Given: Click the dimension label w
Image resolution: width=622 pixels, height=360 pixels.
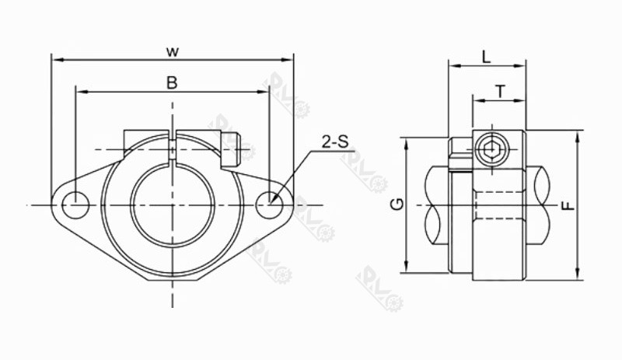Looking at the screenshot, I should (x=173, y=51).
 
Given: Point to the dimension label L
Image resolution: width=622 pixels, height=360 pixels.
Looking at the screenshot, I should (x=486, y=56).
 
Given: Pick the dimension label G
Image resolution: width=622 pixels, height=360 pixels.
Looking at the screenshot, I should (x=397, y=204).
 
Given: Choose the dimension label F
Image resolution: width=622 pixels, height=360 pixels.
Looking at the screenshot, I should (x=568, y=205).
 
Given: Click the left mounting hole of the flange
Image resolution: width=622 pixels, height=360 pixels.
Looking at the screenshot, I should (x=75, y=204).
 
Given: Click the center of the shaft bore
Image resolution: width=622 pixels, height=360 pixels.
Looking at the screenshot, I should (x=171, y=204).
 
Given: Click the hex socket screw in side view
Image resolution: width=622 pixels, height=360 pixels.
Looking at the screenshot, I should (x=488, y=150).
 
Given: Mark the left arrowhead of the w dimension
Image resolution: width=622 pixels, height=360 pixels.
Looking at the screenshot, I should (x=54, y=58).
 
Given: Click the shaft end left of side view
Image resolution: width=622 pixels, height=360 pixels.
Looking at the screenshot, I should (x=436, y=204).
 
